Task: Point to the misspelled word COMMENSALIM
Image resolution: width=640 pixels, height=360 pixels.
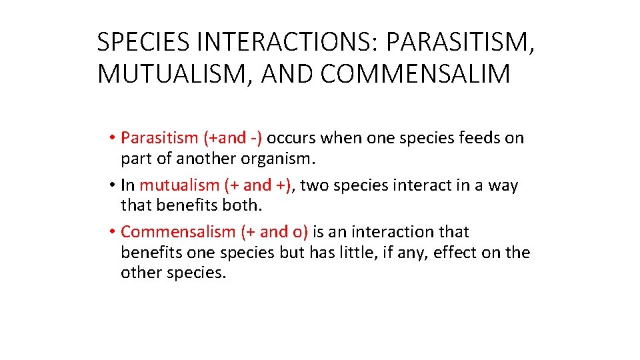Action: (x=415, y=74)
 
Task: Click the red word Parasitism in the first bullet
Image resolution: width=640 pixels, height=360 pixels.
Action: (x=160, y=138)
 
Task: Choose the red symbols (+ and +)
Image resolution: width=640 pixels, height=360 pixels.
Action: (x=259, y=185)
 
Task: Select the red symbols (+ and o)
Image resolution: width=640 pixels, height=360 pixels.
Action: (x=274, y=232)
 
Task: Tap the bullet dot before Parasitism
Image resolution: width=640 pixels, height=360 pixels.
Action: (x=114, y=139)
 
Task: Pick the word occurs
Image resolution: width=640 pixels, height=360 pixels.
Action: (x=292, y=138)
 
